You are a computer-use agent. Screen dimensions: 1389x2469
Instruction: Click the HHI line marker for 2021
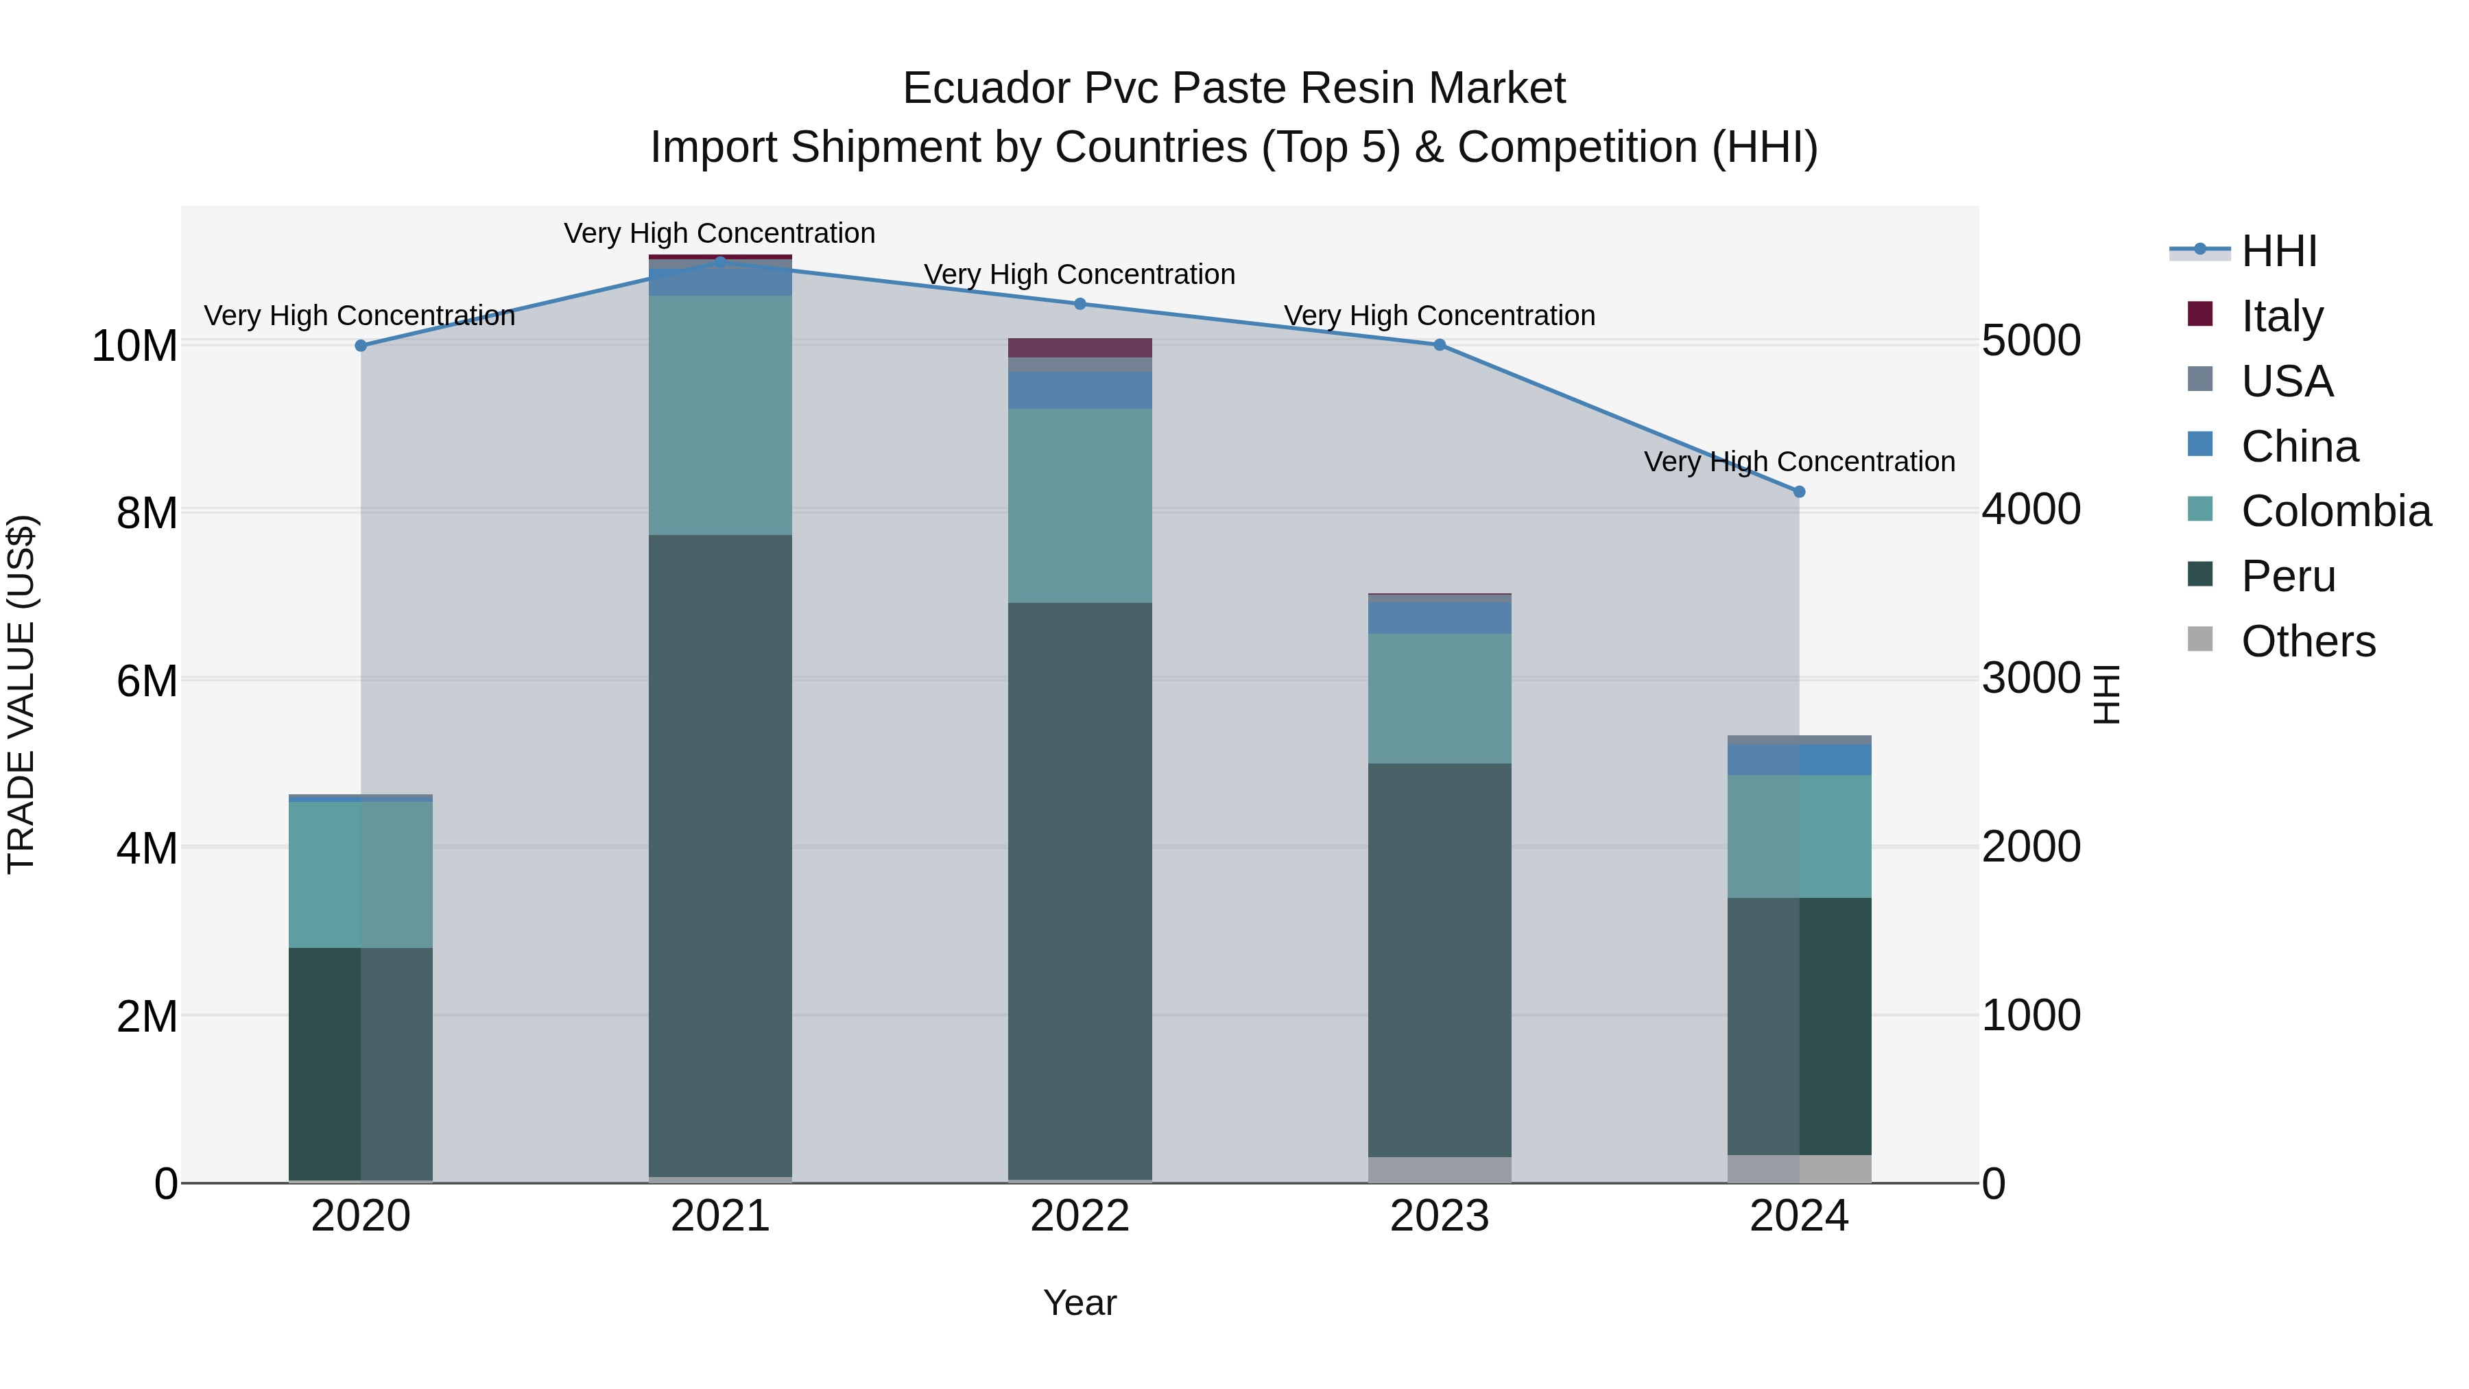pyautogui.click(x=721, y=262)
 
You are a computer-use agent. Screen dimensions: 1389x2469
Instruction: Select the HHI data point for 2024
pyautogui.click(x=1799, y=492)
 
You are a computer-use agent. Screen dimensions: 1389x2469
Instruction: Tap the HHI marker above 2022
pyautogui.click(x=1080, y=304)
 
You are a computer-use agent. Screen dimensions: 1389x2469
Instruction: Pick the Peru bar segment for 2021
pyautogui.click(x=721, y=853)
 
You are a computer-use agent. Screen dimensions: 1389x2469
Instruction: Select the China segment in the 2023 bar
pyautogui.click(x=1440, y=617)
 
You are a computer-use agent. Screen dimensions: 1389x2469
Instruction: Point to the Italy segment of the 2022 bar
pyautogui.click(x=1080, y=347)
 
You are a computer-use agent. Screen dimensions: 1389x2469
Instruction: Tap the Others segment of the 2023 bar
pyautogui.click(x=1440, y=1170)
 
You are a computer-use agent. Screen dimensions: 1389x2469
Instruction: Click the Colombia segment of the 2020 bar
pyautogui.click(x=360, y=875)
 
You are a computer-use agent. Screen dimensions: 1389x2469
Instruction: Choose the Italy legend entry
pyautogui.click(x=2282, y=316)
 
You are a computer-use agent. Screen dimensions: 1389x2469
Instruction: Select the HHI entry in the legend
pyautogui.click(x=2279, y=251)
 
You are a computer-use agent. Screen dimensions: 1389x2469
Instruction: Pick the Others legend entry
pyautogui.click(x=2308, y=641)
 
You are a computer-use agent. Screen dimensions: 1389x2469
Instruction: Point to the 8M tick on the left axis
pyautogui.click(x=147, y=513)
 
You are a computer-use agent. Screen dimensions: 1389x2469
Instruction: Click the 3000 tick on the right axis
pyautogui.click(x=2031, y=678)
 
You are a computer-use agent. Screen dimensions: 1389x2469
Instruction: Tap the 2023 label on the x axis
pyautogui.click(x=1440, y=1216)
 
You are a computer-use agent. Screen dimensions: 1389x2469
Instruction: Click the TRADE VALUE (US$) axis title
pyautogui.click(x=21, y=694)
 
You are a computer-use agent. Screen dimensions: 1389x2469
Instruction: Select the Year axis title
pyautogui.click(x=1080, y=1303)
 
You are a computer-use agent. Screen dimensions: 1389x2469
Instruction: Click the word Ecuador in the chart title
pyautogui.click(x=986, y=88)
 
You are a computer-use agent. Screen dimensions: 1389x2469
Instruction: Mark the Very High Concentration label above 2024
pyautogui.click(x=1799, y=462)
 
